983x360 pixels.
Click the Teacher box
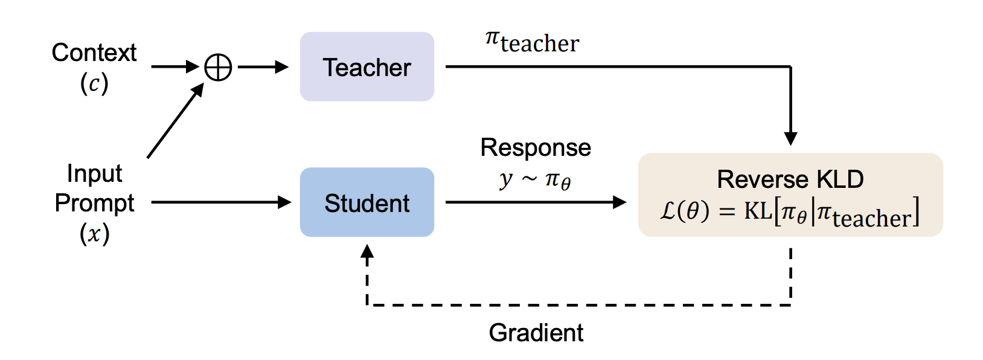click(x=367, y=67)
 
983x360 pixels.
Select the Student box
click(x=367, y=203)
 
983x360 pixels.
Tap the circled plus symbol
click(x=218, y=67)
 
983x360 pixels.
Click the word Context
click(x=94, y=53)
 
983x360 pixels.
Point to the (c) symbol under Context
click(x=94, y=83)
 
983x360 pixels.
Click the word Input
click(x=94, y=173)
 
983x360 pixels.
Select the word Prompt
click(x=94, y=203)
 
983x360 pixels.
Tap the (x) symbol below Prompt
click(x=94, y=233)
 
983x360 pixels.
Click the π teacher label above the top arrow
click(x=532, y=42)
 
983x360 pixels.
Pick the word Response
click(x=536, y=148)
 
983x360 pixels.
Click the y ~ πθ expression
click(x=535, y=180)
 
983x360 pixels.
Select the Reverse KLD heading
click(x=790, y=179)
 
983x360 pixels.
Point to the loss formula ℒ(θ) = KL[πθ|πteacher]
click(x=790, y=213)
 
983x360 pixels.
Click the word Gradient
click(x=536, y=333)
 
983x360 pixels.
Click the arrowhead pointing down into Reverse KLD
click(x=790, y=138)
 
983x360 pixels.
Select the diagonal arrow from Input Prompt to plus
click(x=175, y=121)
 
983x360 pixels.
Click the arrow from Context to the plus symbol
click(x=175, y=66)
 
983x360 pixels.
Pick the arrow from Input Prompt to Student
click(x=221, y=202)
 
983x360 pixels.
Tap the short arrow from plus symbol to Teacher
click(x=263, y=67)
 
